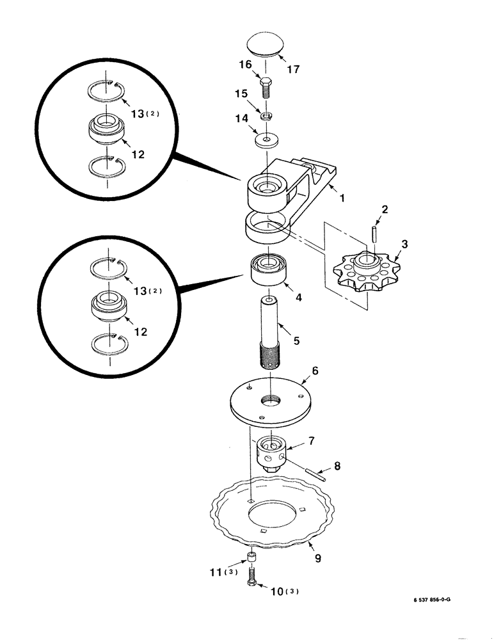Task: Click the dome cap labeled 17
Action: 267,46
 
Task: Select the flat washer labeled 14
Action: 266,139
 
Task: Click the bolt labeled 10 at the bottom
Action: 251,574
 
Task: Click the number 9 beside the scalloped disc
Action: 317,558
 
